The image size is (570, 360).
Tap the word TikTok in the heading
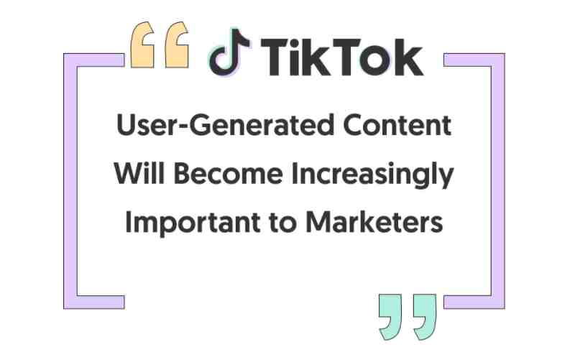342,57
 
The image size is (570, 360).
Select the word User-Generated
225,125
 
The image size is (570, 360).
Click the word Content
397,125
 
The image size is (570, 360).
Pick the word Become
229,173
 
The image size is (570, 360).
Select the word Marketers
374,221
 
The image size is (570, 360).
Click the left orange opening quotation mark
142,45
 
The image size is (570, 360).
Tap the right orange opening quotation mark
177,45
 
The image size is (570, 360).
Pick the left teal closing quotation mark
390,317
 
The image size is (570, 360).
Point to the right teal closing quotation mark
425,317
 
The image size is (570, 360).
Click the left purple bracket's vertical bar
70,181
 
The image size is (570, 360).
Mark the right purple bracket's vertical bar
498,181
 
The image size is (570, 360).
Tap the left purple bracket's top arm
94,60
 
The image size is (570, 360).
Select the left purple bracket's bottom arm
94,303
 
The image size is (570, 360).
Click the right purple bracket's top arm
474,60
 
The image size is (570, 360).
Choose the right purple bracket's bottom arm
474,303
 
